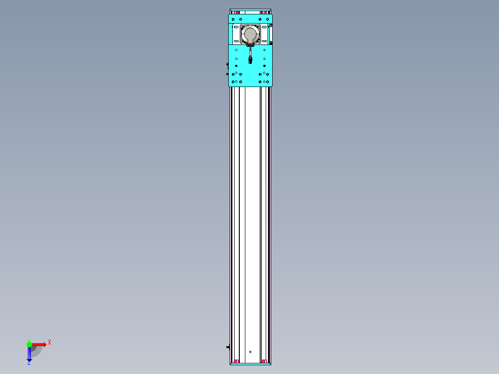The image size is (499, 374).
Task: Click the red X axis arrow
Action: pos(39,344)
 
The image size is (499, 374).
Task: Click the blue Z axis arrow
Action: pos(29,354)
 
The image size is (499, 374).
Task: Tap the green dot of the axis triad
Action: pos(29,344)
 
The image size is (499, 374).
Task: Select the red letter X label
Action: pos(50,343)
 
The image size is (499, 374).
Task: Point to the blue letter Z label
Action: pos(29,363)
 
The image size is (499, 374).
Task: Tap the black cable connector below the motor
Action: pos(250,59)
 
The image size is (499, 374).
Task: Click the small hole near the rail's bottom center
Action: pos(250,351)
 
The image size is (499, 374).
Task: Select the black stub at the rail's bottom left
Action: pos(228,347)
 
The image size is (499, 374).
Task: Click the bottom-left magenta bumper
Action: pos(236,361)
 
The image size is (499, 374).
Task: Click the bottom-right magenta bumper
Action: pos(264,361)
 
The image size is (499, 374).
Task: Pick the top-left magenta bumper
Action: pos(236,12)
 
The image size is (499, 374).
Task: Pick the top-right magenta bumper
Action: pos(264,12)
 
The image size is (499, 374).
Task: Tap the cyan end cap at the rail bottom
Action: pos(250,364)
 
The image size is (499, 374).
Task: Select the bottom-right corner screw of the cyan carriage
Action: pos(268,82)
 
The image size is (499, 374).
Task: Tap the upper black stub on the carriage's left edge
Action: pos(227,65)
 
